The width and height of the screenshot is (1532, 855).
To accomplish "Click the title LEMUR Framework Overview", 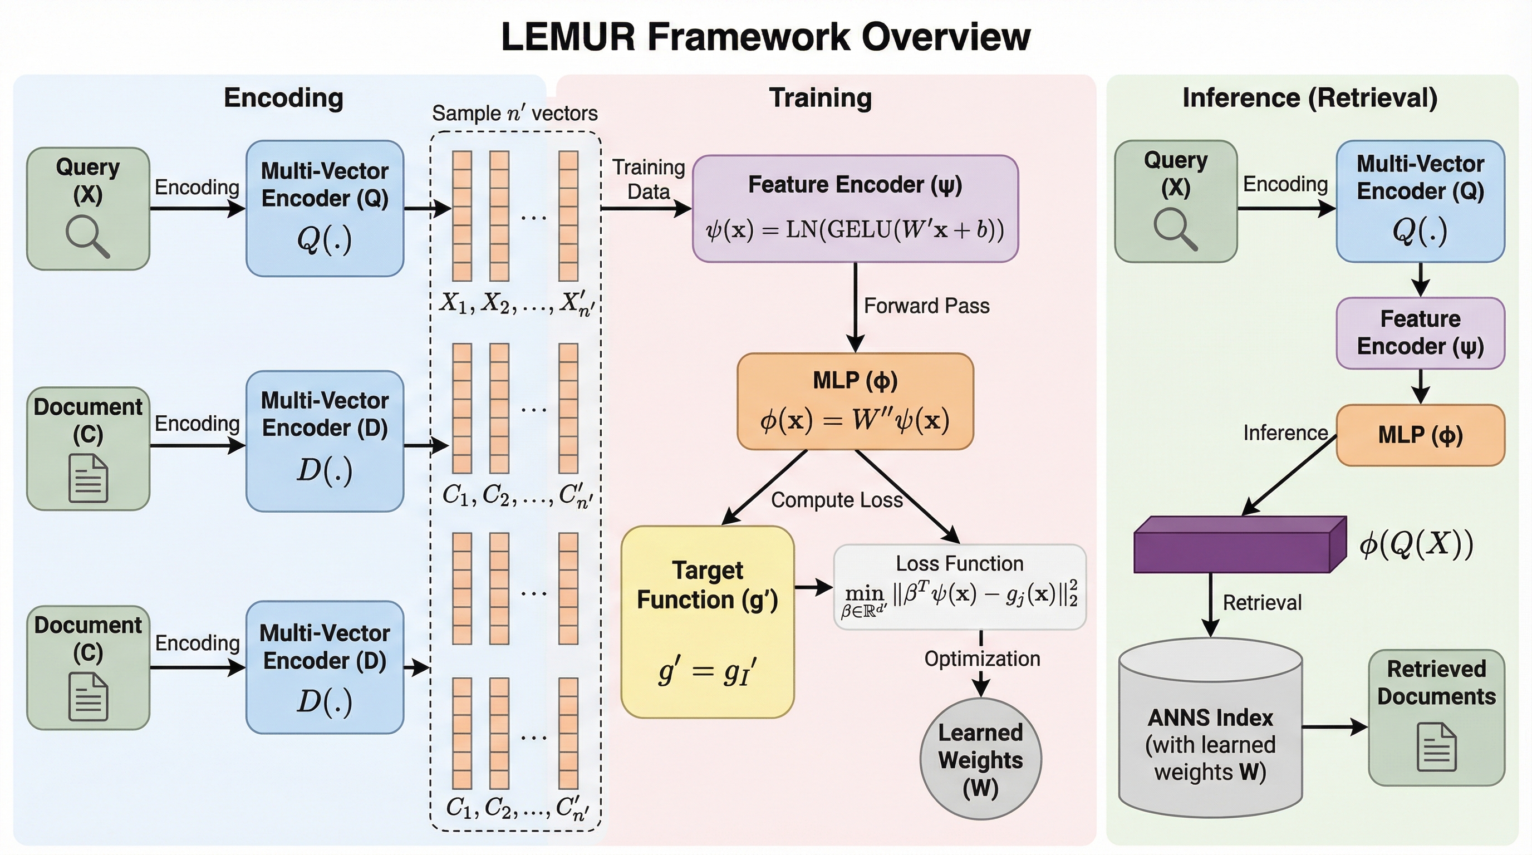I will click(x=765, y=37).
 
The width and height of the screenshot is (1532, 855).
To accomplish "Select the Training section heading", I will click(x=820, y=98).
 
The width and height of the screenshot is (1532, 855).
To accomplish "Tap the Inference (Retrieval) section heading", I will click(x=1309, y=98).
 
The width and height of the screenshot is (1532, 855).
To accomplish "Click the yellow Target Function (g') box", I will click(x=707, y=621).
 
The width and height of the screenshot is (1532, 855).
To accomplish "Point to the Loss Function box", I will click(x=959, y=587).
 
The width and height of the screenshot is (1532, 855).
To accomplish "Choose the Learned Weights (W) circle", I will click(x=980, y=759).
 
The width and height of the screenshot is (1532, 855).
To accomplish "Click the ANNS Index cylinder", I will click(x=1210, y=728).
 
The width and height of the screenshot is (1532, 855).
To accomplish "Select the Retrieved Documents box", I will click(x=1436, y=716).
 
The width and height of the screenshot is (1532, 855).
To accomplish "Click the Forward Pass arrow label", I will click(x=926, y=306).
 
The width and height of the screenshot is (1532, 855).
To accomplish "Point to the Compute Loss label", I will click(x=836, y=500).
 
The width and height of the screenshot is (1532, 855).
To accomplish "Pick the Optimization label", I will click(x=982, y=659).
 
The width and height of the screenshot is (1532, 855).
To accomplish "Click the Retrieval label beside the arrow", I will click(x=1261, y=603).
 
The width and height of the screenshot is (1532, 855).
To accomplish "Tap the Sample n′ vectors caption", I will click(x=514, y=113).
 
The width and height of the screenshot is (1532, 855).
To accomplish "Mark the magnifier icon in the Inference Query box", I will click(x=1175, y=229).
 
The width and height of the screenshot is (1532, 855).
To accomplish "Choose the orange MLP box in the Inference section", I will click(x=1420, y=435).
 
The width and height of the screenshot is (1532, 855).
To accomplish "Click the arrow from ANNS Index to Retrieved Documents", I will click(x=1334, y=726).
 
